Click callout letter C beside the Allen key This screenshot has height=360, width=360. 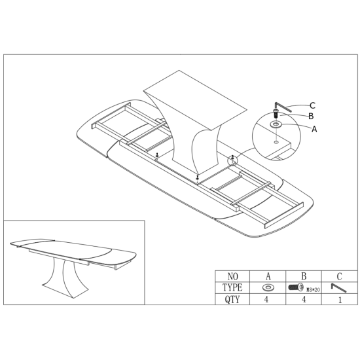pyautogui.click(x=312, y=105)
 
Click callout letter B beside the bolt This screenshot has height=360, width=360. pyautogui.click(x=311, y=116)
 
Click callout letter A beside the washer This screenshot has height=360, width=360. pyautogui.click(x=314, y=129)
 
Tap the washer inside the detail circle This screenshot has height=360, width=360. pyautogui.click(x=276, y=124)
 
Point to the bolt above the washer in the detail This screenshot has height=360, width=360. pyautogui.click(x=276, y=113)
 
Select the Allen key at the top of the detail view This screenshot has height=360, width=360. pyautogui.click(x=282, y=107)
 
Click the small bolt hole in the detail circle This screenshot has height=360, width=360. pyautogui.click(x=276, y=142)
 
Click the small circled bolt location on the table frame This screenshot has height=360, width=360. pyautogui.click(x=232, y=160)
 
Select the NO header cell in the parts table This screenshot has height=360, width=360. pyautogui.click(x=232, y=276)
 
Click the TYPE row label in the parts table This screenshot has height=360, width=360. pyautogui.click(x=232, y=287)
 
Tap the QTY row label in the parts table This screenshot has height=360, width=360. pyautogui.click(x=232, y=299)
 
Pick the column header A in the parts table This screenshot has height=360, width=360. pyautogui.click(x=268, y=276)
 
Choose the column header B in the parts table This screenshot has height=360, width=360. pyautogui.click(x=304, y=276)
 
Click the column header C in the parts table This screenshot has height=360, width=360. pyautogui.click(x=339, y=276)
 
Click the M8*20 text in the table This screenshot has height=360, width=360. pyautogui.click(x=313, y=290)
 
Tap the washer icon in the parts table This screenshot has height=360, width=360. pyautogui.click(x=268, y=287)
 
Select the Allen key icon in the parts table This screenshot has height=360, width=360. pyautogui.click(x=338, y=288)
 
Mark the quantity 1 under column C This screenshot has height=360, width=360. pyautogui.click(x=340, y=300)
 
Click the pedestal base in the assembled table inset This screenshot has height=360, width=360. pyautogui.click(x=65, y=278)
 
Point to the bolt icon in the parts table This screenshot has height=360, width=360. pyautogui.click(x=296, y=287)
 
